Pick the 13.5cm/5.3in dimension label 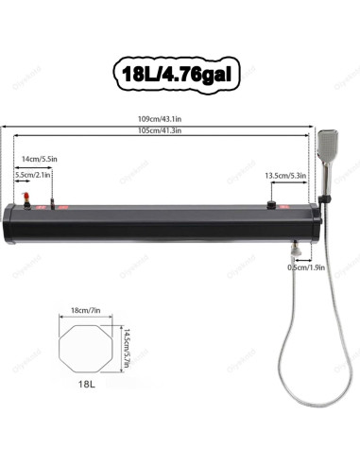point(284,175)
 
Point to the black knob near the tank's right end point(272,205)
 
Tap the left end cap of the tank point(9,218)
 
